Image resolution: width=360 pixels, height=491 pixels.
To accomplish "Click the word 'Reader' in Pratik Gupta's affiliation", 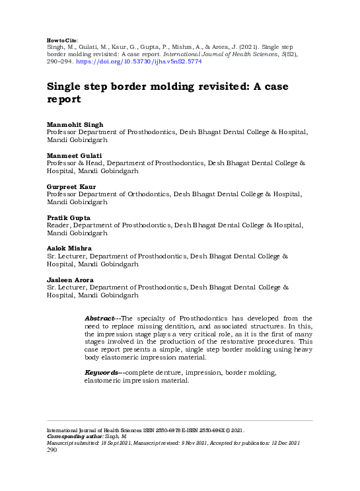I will (59, 225).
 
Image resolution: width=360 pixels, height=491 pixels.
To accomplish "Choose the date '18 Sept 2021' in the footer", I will (124, 443).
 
